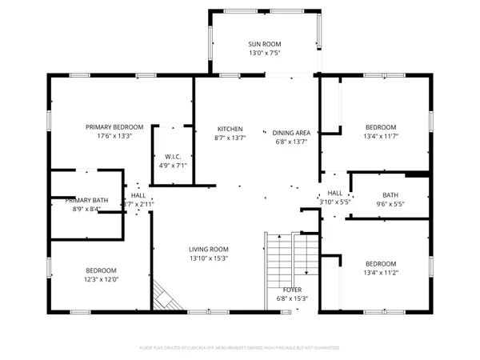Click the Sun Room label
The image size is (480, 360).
click(x=263, y=44)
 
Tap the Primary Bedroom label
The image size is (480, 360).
click(x=114, y=127)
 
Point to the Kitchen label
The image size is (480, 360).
click(x=230, y=129)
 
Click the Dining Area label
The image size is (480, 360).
click(x=291, y=133)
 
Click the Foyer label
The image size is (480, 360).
click(x=292, y=289)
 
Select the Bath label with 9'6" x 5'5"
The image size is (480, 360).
click(x=390, y=194)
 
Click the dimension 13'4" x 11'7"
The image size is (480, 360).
click(x=381, y=137)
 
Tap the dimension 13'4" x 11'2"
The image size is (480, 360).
click(x=381, y=273)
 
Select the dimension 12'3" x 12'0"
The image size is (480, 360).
click(x=102, y=279)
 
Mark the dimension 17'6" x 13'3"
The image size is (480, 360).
click(x=114, y=136)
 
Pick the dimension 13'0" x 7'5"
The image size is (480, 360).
click(x=263, y=53)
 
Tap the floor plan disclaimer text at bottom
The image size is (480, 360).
click(x=239, y=348)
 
